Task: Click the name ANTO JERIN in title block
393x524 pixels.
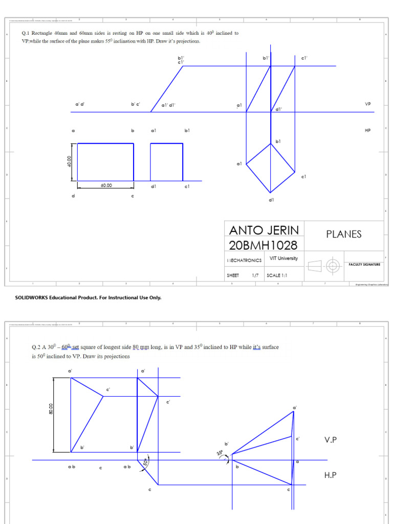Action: [264, 230]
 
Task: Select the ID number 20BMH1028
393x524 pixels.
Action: [263, 244]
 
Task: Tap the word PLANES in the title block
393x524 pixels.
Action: [344, 234]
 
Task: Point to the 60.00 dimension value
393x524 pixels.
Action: [106, 186]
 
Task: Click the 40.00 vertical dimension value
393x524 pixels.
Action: [69, 162]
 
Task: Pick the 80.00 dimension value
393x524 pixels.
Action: [51, 409]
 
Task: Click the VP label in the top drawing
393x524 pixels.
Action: [367, 103]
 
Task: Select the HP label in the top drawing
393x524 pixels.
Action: [367, 130]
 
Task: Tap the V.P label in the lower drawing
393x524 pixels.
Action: [332, 440]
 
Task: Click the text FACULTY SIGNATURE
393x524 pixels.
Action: [364, 265]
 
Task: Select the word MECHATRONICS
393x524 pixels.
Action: [244, 260]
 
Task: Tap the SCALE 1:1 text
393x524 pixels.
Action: [277, 275]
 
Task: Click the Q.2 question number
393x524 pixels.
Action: [36, 347]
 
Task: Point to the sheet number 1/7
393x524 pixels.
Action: [255, 275]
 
